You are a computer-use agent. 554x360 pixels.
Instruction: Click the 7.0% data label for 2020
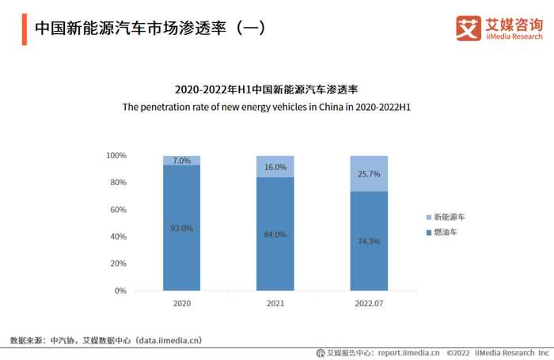pos(182,161)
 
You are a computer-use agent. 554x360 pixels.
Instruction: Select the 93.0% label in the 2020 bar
pos(182,228)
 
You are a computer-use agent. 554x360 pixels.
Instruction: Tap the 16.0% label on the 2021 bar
pos(275,168)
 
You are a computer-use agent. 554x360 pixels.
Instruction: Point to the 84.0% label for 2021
pos(275,234)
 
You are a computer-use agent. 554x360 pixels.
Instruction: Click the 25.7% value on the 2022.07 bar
pos(369,174)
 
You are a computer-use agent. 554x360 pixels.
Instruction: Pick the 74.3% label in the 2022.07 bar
pos(369,241)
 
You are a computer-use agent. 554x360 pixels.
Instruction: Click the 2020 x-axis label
pos(182,303)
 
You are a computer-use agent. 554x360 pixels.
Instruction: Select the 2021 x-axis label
pos(275,303)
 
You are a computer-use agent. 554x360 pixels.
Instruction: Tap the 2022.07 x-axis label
pos(369,303)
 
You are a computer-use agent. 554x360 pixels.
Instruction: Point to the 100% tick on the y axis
pos(116,156)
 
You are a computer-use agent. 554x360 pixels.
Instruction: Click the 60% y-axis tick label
pos(118,210)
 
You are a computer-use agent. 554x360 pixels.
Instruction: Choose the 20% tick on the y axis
pos(118,263)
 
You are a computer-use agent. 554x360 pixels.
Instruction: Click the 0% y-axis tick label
pos(120,291)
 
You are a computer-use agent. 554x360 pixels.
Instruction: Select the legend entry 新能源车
pos(449,217)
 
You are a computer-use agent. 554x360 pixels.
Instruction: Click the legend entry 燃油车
pos(446,232)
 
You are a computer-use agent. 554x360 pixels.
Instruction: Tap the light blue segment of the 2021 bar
pos(275,166)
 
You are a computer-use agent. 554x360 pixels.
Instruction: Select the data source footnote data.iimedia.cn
pos(106,340)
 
